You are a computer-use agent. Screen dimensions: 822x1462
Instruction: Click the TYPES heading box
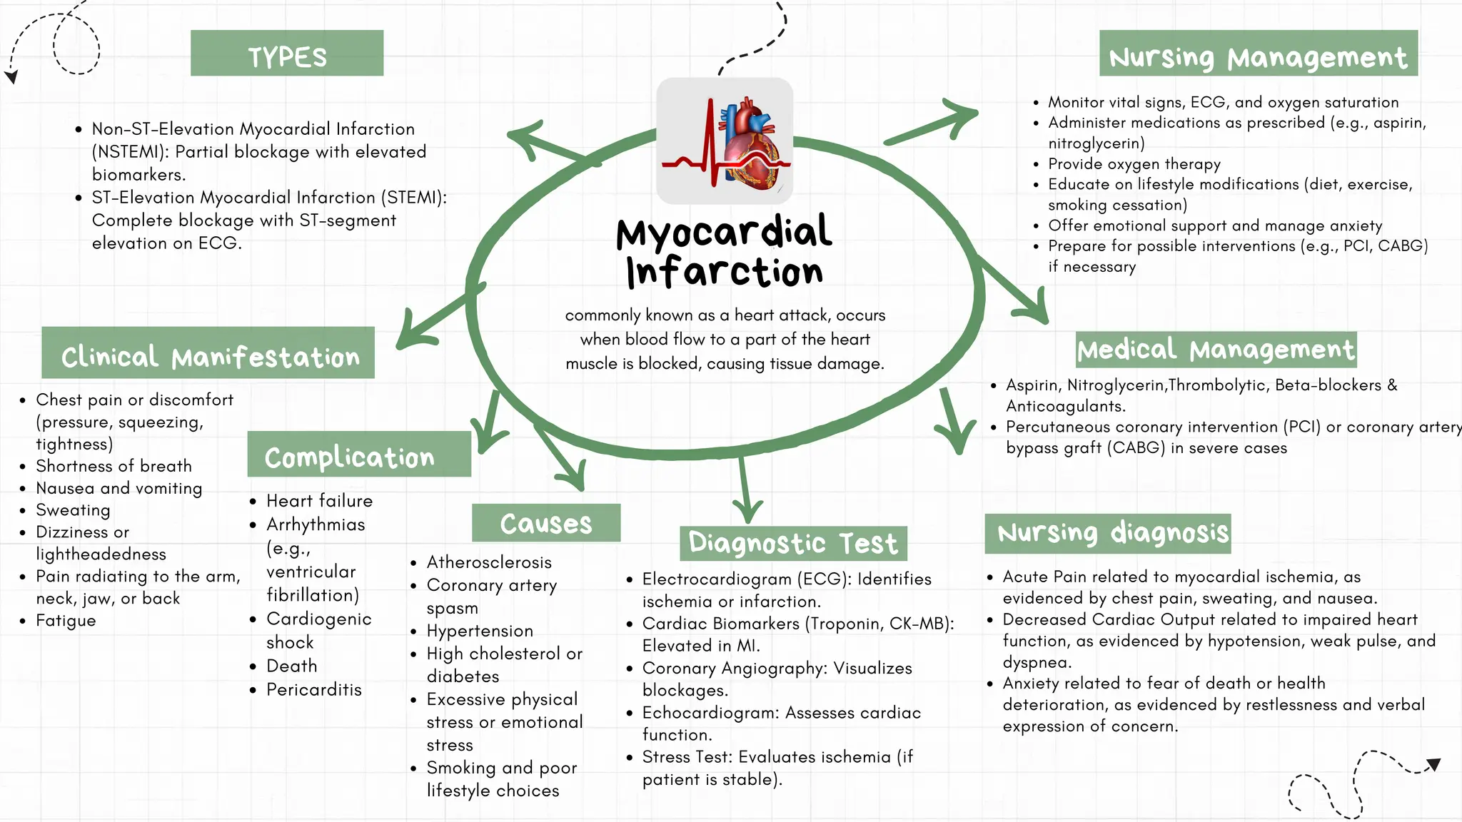coord(287,54)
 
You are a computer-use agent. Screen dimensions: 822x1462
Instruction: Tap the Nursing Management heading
coord(1258,54)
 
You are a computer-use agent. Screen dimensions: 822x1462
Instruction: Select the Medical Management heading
coord(1216,350)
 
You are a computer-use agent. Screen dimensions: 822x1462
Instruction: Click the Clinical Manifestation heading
coord(208,353)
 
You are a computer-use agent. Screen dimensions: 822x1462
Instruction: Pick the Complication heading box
coord(358,455)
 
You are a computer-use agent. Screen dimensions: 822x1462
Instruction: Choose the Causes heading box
coord(546,523)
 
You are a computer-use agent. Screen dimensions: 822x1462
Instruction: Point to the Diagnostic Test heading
coord(793,544)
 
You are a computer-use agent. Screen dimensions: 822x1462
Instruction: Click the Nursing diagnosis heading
coord(1108,533)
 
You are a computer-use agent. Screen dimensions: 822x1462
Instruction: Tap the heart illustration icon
coord(725,141)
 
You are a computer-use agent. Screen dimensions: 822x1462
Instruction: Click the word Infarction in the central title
coord(725,273)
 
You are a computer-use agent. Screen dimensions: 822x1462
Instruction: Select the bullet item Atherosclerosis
coord(489,562)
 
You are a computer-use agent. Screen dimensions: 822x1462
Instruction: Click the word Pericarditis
coord(314,689)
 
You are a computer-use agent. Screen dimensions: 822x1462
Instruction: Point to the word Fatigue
coord(66,621)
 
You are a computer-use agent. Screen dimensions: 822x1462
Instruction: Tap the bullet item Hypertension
coord(480,631)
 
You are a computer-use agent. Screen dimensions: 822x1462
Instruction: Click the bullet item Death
coord(291,666)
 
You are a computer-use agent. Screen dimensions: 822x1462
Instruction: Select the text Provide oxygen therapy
coord(1134,164)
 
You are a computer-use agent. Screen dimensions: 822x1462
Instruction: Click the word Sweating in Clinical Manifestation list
coord(73,510)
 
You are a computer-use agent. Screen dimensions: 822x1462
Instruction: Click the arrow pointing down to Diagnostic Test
coord(746,492)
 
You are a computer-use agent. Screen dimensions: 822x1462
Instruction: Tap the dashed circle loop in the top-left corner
coord(76,44)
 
